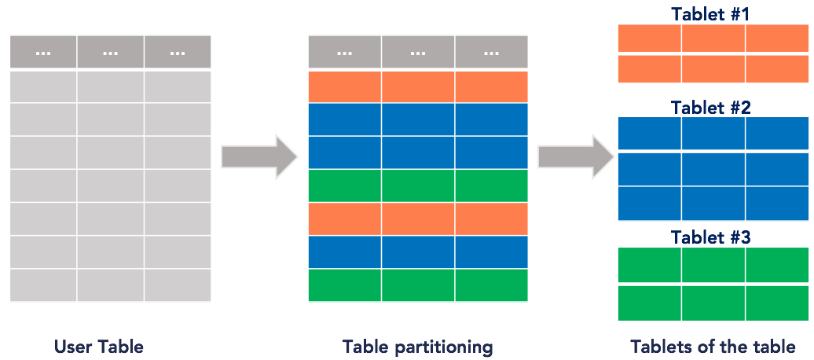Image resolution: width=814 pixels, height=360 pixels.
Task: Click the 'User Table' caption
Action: point(99,346)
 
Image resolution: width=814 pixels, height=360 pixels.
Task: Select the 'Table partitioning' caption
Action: point(417,346)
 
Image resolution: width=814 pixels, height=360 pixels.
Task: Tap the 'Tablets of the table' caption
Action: point(713,346)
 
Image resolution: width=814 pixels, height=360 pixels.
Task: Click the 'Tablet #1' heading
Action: point(711,14)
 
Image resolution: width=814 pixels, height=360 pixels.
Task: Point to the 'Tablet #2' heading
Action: point(711,108)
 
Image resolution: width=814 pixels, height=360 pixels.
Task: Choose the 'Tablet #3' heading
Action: point(711,237)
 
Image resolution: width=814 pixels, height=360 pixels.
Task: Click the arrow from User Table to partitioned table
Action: point(258,156)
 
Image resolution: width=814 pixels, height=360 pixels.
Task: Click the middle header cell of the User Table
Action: point(110,52)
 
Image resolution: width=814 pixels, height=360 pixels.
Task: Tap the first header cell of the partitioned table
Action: point(344,53)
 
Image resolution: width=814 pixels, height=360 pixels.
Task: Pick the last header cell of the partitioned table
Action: point(491,53)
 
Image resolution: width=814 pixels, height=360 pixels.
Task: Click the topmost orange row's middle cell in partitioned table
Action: point(417,86)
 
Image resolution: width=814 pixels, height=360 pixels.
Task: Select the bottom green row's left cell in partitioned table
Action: point(344,285)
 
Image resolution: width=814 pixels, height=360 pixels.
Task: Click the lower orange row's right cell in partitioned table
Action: point(491,219)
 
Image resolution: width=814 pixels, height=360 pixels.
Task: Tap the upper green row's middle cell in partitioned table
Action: point(417,186)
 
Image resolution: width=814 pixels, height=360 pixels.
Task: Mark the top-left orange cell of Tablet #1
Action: point(649,39)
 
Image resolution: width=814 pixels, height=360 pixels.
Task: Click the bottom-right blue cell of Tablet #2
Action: point(776,204)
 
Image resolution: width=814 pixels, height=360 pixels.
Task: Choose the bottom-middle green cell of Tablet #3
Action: point(713,303)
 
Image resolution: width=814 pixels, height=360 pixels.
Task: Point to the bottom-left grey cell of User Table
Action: point(43,285)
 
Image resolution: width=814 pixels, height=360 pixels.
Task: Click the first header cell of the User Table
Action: point(43,52)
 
